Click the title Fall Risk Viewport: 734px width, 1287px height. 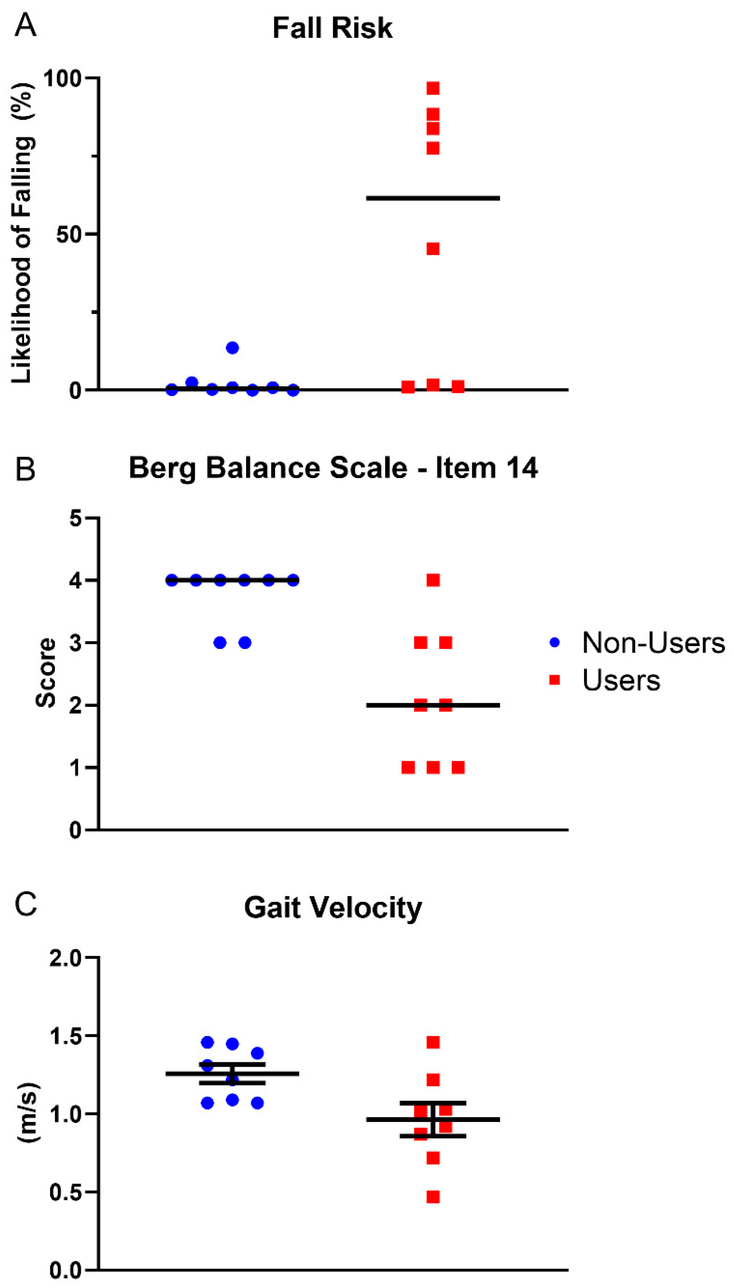(332, 28)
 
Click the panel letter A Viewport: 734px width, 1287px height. (25, 25)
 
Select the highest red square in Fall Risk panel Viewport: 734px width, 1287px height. (433, 88)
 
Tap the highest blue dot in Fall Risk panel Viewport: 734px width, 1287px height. (232, 348)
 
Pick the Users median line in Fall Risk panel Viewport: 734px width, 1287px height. (433, 198)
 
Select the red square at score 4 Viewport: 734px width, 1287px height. (433, 580)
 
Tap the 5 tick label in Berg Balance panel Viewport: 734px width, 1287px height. (76, 519)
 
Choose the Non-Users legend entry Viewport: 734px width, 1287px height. (653, 643)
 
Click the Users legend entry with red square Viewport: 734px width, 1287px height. (620, 680)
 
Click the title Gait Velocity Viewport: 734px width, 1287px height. (333, 908)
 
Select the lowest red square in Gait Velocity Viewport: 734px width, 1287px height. (433, 1197)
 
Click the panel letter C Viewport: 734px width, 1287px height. (25, 905)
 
